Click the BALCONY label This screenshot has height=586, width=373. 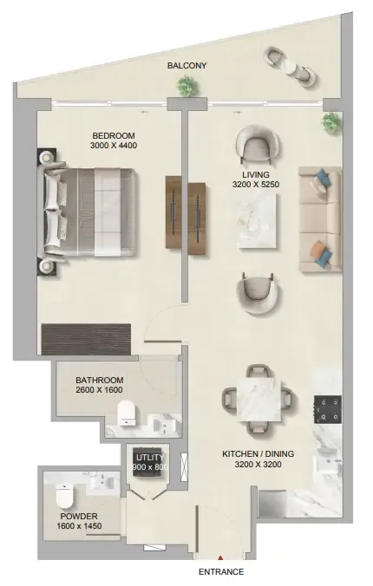coord(186,65)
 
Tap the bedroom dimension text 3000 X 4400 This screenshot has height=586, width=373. coord(114,146)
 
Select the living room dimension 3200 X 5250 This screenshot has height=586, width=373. coord(256,185)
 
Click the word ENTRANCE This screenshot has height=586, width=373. coord(221,572)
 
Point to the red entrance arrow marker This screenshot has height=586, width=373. coord(220,557)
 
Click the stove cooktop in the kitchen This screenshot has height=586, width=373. coord(328,409)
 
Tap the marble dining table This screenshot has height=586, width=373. coord(260,399)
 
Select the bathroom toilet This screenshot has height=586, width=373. coord(127,413)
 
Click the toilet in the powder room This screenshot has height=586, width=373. coord(63,495)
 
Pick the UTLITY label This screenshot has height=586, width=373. coord(150,458)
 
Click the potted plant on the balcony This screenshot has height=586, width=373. coord(186,86)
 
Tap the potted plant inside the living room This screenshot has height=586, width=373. coord(331,122)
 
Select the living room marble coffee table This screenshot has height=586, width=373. coord(256,220)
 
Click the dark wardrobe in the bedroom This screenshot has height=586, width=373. coord(86,339)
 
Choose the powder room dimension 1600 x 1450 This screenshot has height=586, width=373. coord(79,526)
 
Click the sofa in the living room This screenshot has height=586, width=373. coord(320,219)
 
